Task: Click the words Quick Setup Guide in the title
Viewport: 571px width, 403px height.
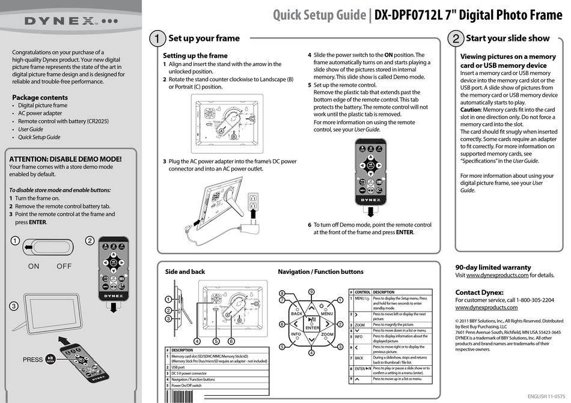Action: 319,14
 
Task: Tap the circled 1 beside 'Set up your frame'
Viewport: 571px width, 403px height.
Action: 156,38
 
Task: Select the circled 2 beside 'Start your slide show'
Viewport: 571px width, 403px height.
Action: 456,38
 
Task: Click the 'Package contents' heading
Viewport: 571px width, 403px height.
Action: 40,97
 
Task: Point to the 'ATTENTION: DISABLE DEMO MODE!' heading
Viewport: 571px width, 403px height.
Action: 66,159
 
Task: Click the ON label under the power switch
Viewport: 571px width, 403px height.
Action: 34,266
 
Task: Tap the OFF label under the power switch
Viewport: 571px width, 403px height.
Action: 64,266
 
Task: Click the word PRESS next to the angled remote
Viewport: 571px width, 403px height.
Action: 32,360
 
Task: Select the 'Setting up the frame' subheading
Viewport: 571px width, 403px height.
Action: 195,55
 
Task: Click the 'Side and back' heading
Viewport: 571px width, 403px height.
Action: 185,272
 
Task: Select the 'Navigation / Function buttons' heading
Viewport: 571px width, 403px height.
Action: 320,272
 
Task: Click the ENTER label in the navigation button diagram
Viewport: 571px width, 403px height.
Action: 312,328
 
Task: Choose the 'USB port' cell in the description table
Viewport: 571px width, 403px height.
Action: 178,366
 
